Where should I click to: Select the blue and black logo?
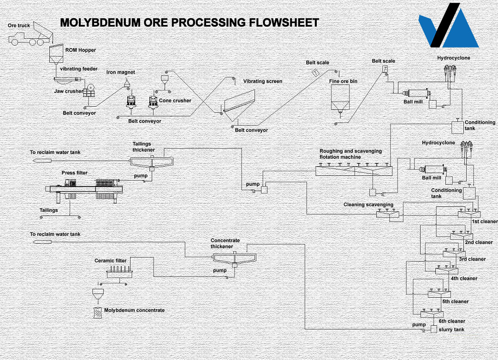(x=448, y=26)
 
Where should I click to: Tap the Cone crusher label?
(x=175, y=101)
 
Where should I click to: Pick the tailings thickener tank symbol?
(x=152, y=162)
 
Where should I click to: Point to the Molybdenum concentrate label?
(x=134, y=310)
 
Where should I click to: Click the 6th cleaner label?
(x=451, y=321)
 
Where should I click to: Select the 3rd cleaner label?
(x=472, y=259)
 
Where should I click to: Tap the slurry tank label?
(x=452, y=330)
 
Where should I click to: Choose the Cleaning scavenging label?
(x=368, y=204)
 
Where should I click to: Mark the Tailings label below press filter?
(x=48, y=210)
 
